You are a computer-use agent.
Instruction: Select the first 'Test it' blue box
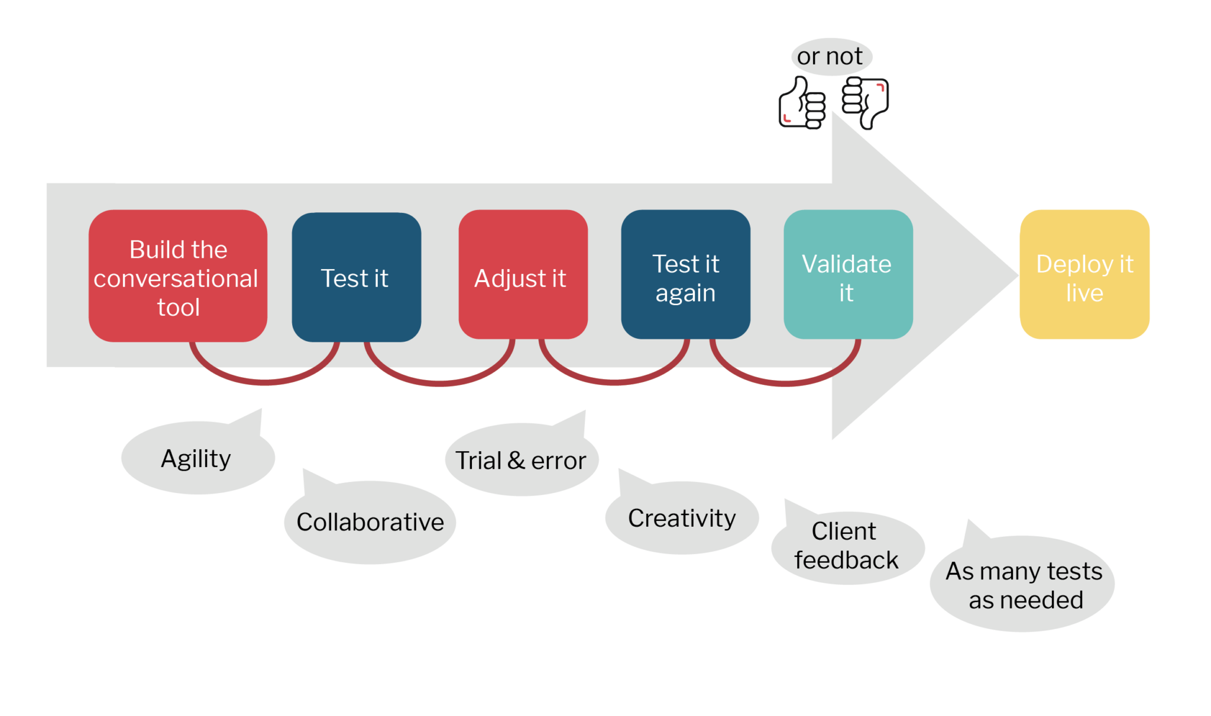point(356,277)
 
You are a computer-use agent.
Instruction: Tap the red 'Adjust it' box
point(523,274)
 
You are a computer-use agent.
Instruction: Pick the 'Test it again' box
point(685,274)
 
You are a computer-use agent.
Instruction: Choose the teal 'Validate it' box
point(847,274)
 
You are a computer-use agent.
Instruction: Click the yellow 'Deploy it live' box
point(1084,274)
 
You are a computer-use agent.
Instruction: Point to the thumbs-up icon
point(802,104)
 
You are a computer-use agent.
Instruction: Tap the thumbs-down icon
point(866,102)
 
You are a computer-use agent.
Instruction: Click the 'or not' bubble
point(831,57)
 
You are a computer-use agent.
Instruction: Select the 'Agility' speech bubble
point(197,459)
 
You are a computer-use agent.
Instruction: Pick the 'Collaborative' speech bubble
point(370,522)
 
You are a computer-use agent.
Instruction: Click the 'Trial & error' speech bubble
point(520,461)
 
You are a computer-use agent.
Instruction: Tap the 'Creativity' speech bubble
point(681,519)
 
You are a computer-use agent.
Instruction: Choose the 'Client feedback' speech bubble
point(846,546)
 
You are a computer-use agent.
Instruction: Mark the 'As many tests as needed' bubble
point(1023,585)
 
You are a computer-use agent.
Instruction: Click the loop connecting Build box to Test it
point(264,382)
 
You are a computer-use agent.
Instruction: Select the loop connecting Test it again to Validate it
point(785,383)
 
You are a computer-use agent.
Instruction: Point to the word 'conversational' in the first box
point(176,278)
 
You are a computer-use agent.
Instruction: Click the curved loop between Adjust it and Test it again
point(614,383)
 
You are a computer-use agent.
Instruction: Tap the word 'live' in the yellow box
point(1084,293)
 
